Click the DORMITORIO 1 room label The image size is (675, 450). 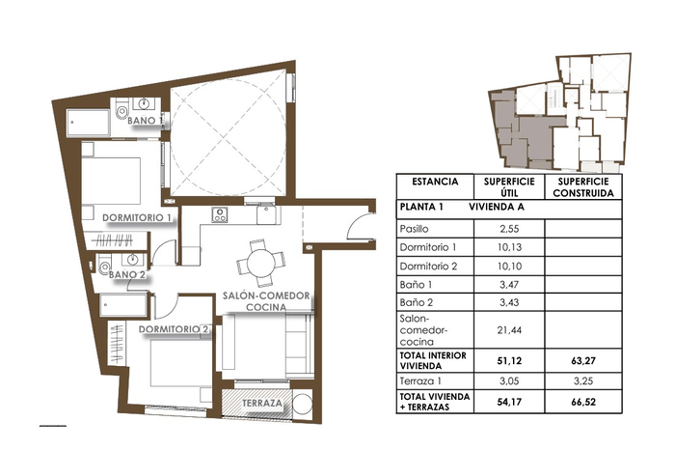[137, 217]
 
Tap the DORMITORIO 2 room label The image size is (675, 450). [174, 329]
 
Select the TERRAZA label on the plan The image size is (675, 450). [262, 404]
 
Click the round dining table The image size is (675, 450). [261, 264]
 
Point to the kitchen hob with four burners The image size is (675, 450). [220, 214]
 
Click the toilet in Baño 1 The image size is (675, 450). [121, 111]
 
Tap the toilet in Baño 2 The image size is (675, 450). [103, 266]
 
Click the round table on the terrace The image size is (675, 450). [302, 405]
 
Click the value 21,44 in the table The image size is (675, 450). [510, 330]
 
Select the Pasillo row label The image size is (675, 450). [414, 229]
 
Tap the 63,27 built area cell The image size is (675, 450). [583, 361]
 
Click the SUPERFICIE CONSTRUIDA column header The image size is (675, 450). [583, 187]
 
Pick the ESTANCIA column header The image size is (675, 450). [435, 182]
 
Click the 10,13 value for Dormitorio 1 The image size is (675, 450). [510, 247]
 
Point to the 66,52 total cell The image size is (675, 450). [583, 402]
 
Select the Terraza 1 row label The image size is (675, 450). [420, 381]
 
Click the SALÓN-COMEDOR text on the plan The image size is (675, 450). [266, 295]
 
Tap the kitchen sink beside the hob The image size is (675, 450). [268, 215]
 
